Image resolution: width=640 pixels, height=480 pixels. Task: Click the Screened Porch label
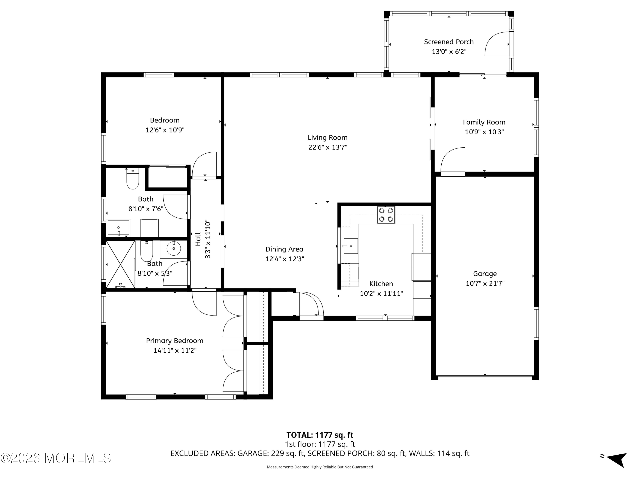pyautogui.click(x=449, y=42)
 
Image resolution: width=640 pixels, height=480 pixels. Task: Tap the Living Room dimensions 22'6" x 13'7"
pyautogui.click(x=327, y=147)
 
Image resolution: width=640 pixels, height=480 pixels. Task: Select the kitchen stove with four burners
pyautogui.click(x=386, y=215)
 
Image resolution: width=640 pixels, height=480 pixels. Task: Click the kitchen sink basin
pyautogui.click(x=351, y=246)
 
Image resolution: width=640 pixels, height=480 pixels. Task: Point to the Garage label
pyautogui.click(x=485, y=274)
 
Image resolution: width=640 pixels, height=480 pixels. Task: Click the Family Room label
pyautogui.click(x=484, y=122)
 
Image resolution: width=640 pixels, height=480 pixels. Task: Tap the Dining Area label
pyautogui.click(x=284, y=249)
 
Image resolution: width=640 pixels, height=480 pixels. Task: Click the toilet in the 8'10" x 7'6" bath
pyautogui.click(x=133, y=179)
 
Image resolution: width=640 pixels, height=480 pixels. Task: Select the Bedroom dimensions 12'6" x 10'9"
pyautogui.click(x=165, y=130)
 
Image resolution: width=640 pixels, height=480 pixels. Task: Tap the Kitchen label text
pyautogui.click(x=381, y=284)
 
